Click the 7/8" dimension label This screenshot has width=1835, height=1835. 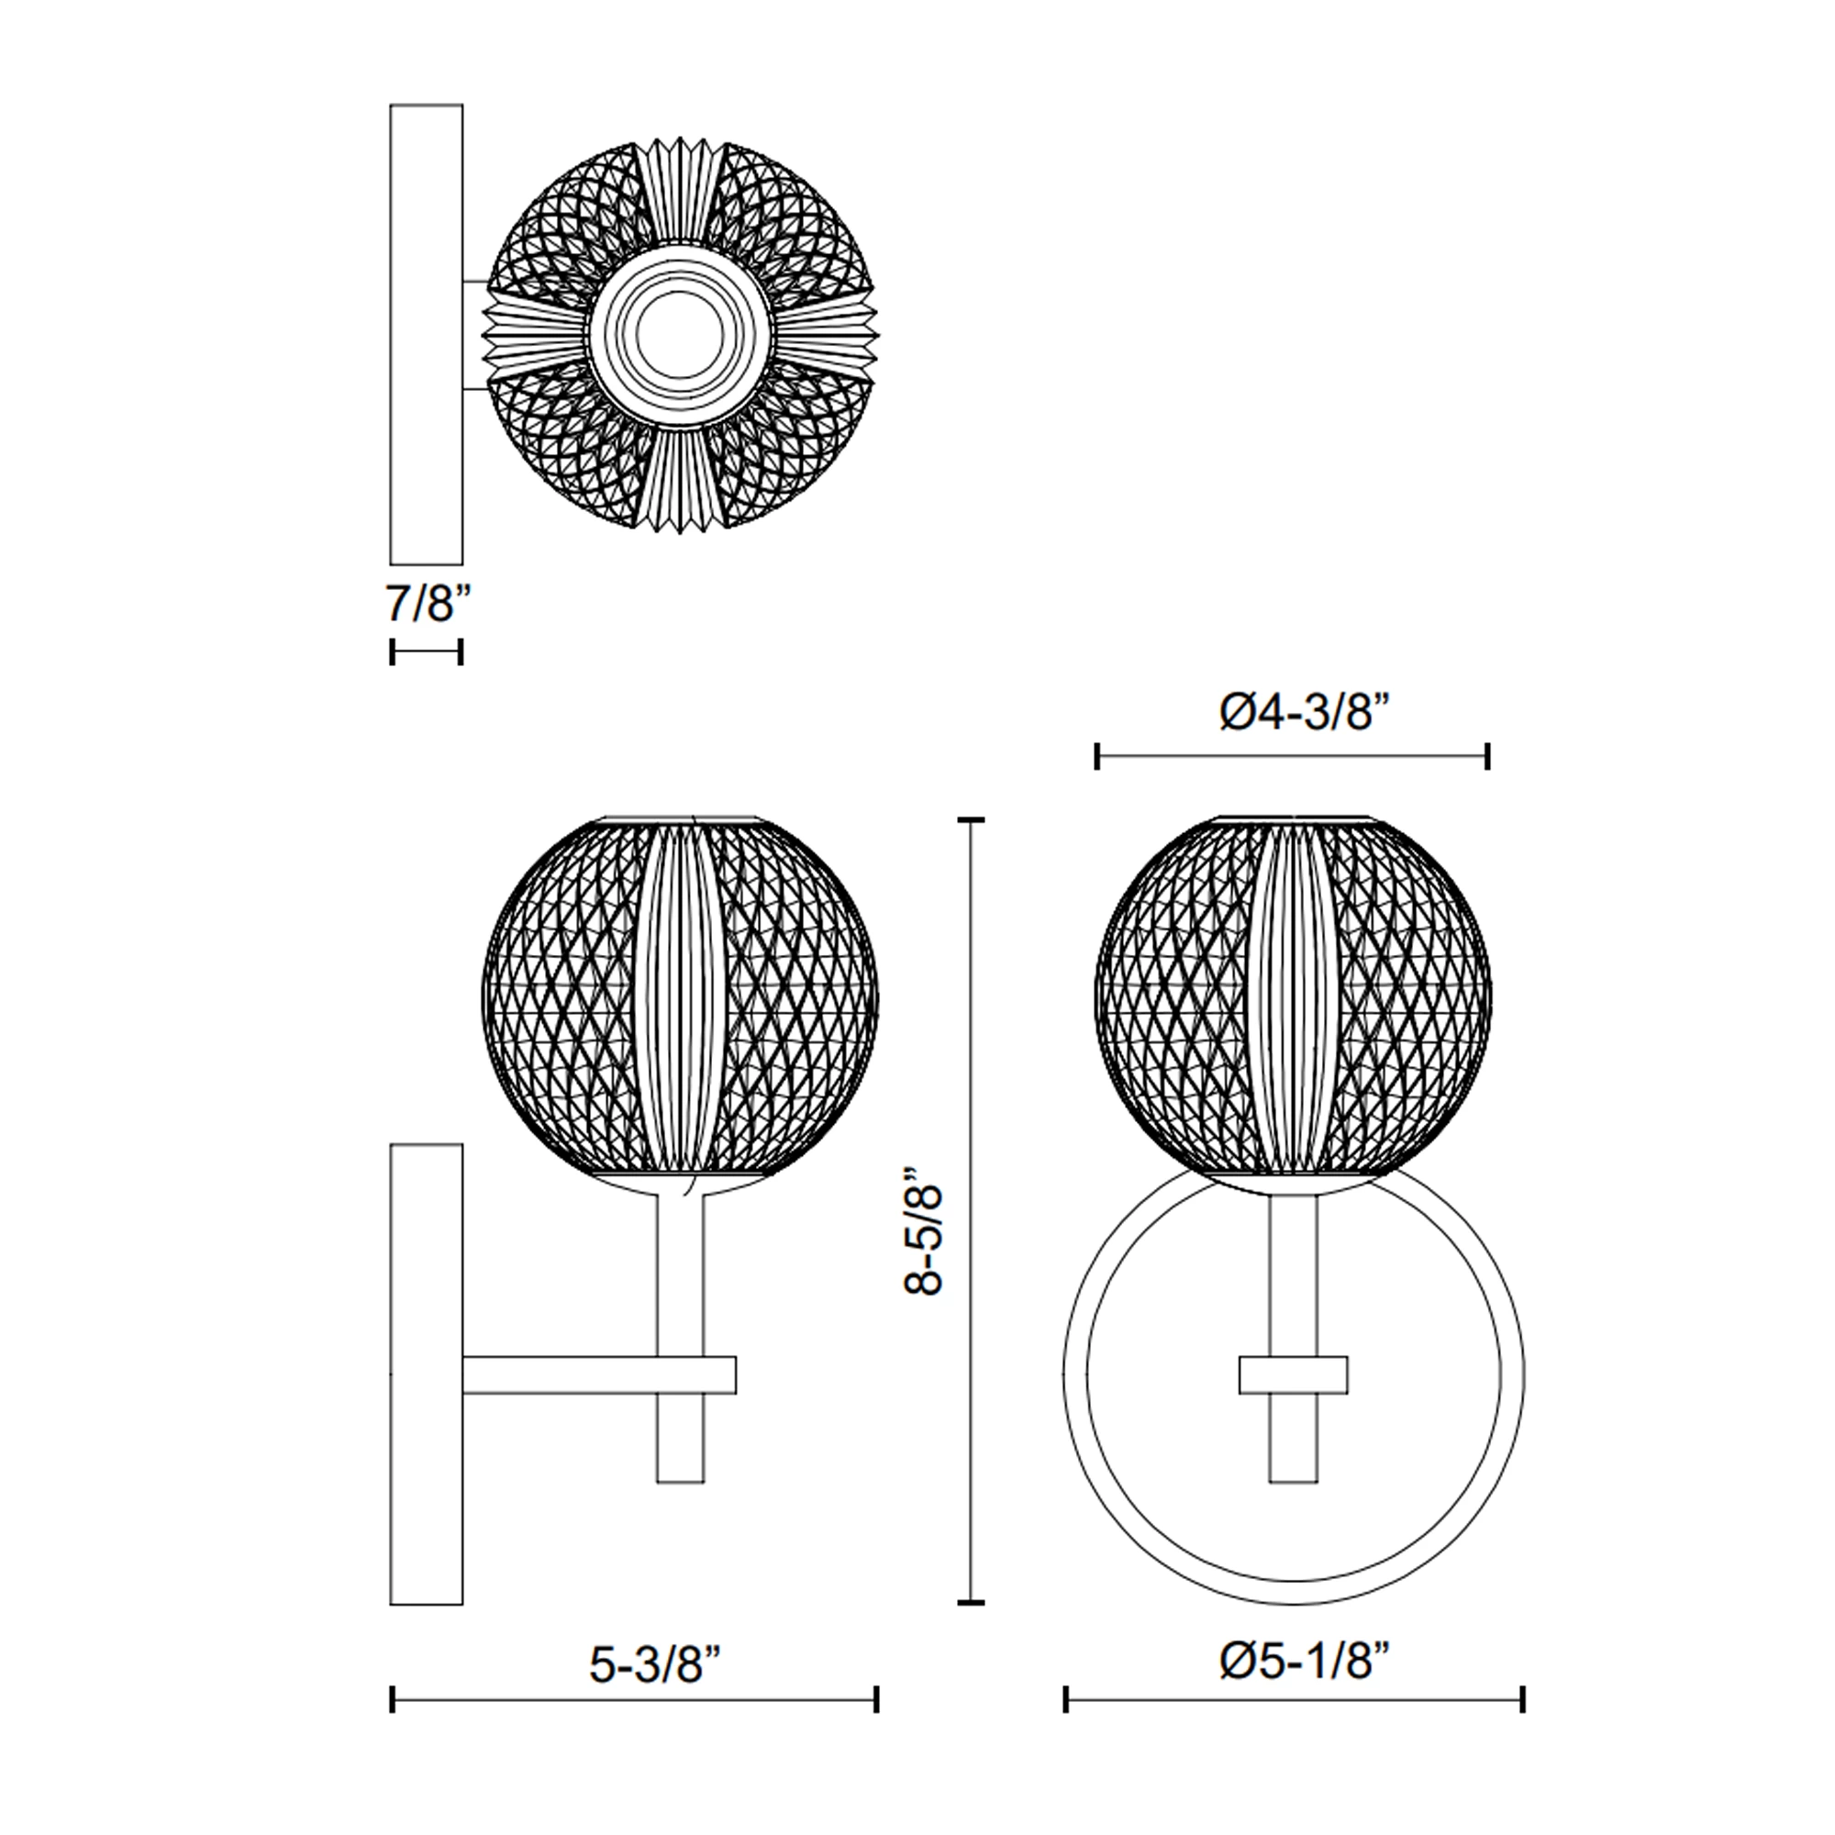pyautogui.click(x=428, y=603)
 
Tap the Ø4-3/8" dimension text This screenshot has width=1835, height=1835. pyautogui.click(x=1296, y=712)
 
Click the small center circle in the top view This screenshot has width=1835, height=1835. pyautogui.click(x=680, y=335)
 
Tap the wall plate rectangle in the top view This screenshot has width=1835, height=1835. pyautogui.click(x=427, y=334)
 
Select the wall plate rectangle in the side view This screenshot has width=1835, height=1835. pyautogui.click(x=427, y=1376)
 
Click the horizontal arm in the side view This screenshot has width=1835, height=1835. pyautogui.click(x=599, y=1374)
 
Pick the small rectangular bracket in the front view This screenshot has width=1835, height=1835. pyautogui.click(x=1294, y=1374)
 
